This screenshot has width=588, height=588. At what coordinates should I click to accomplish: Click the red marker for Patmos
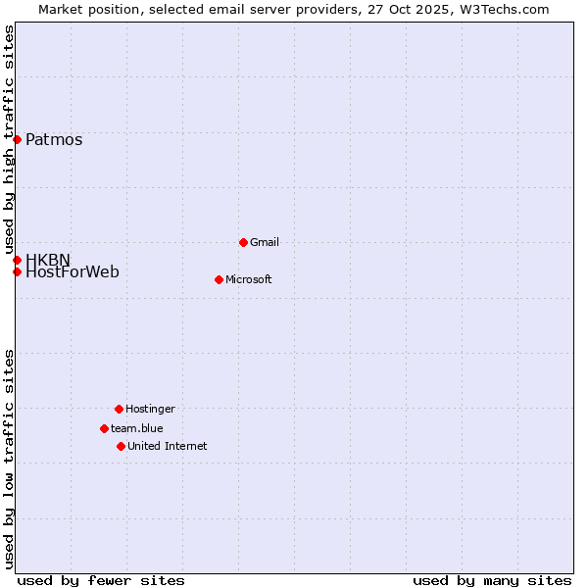[17, 139]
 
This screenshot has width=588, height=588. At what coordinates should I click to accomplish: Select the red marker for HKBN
[17, 260]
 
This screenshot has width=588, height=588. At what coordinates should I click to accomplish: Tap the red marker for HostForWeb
[17, 271]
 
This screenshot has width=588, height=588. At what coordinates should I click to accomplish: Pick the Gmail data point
[243, 242]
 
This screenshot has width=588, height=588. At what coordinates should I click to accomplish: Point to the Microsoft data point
[219, 279]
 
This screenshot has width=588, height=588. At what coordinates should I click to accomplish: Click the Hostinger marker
[119, 409]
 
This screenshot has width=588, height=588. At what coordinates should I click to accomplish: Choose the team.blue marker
[104, 428]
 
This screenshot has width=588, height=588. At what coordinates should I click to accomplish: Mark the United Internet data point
[121, 446]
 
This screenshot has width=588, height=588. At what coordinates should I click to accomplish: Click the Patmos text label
[54, 139]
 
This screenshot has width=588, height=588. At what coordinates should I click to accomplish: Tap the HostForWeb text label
[73, 272]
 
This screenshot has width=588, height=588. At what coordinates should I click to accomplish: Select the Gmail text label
[265, 242]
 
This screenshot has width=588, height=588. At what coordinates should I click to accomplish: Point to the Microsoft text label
[249, 279]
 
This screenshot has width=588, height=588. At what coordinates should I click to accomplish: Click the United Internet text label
[168, 446]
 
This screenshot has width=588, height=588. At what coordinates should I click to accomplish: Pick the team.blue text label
[137, 428]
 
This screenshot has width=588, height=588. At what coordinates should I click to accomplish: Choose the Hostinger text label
[150, 409]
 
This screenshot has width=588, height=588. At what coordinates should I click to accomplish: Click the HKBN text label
[48, 260]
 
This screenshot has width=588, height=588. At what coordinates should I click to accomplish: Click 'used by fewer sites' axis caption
[101, 580]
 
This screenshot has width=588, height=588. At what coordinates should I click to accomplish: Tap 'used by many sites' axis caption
[492, 580]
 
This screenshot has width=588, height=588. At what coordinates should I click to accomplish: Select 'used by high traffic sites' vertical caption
[10, 138]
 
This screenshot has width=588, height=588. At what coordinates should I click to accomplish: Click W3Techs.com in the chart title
[502, 9]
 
